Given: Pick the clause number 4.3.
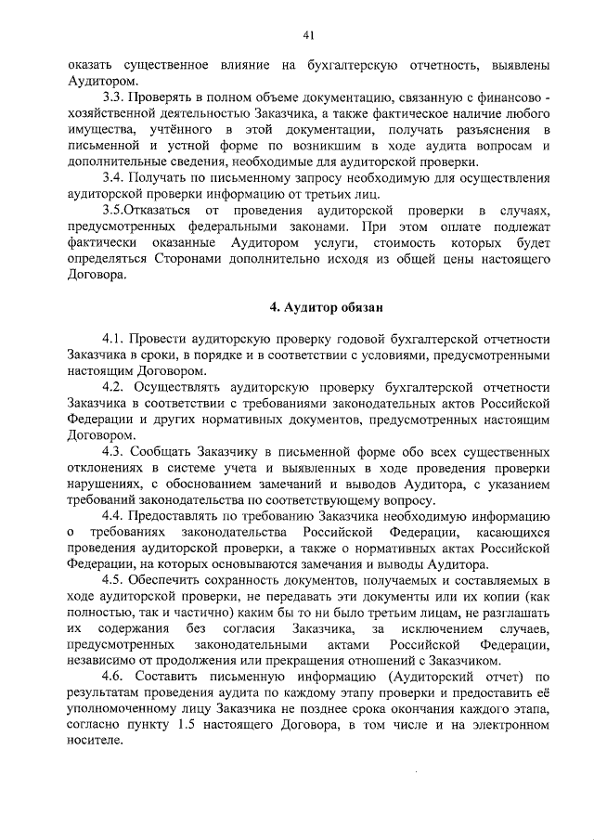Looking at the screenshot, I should coord(115,451).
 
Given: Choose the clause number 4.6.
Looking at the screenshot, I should coord(115,678).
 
